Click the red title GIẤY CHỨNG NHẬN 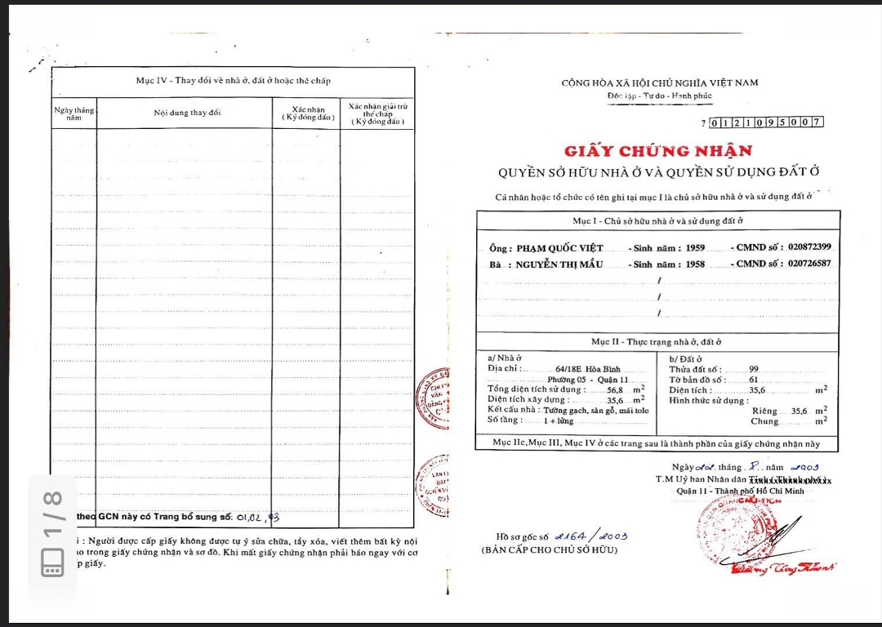tap(657, 151)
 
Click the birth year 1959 tap(695, 248)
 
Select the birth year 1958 tap(695, 264)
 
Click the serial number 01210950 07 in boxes tap(766, 122)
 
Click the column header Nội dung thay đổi tap(187, 113)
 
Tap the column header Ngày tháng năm tap(74, 113)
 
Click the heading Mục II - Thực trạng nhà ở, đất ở tap(657, 341)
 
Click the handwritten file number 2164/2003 tap(590, 536)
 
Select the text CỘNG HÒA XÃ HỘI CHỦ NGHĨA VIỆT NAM tap(660, 82)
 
